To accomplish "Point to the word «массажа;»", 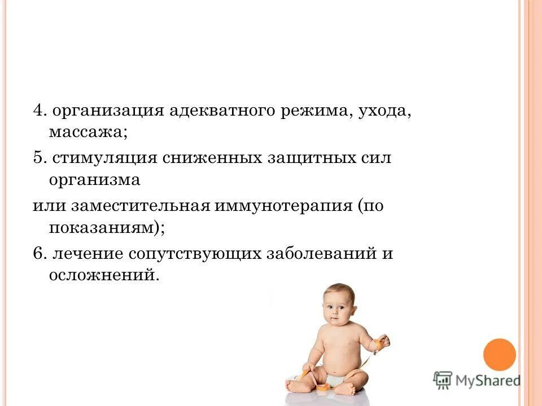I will point(88,134).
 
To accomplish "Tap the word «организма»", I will point(95,182).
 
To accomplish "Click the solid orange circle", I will point(500,355).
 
